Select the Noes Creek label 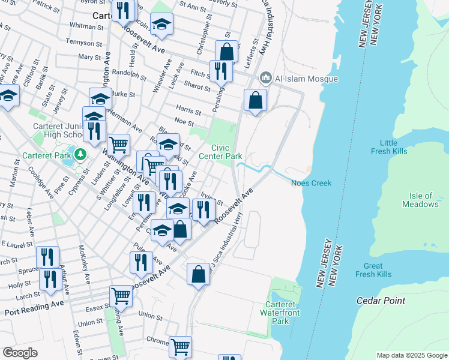312,183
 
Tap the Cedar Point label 381,301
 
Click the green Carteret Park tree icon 80,155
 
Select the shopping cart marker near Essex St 121,295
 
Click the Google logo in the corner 20,353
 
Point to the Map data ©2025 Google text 411,355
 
